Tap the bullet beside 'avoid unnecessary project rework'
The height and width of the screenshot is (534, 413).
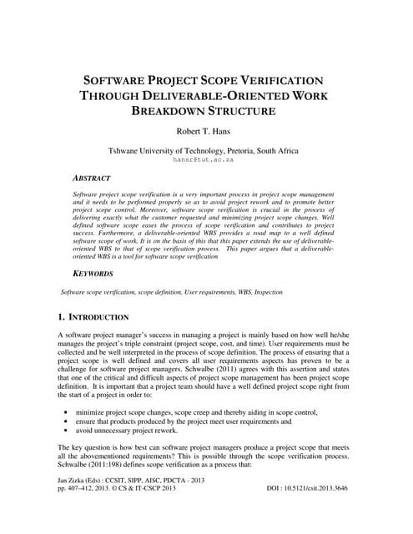point(66,433)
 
